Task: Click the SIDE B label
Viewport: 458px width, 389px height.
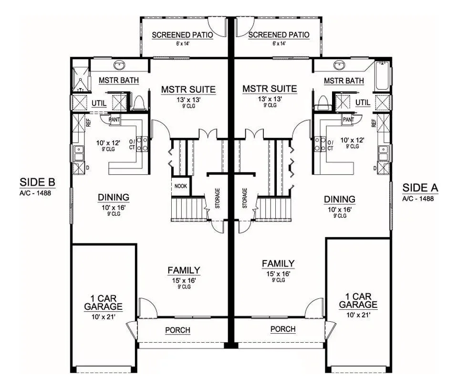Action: (x=37, y=182)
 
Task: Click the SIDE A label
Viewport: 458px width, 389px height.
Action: (x=420, y=188)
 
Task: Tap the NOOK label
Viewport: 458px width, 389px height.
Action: (x=180, y=186)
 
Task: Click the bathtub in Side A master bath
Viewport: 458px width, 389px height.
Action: (x=382, y=75)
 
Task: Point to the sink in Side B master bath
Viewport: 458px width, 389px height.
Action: (x=119, y=65)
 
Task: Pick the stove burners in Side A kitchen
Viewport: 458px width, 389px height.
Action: (x=320, y=144)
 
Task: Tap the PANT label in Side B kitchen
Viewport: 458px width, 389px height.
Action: (x=114, y=119)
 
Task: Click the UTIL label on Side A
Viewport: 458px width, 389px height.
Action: (x=363, y=103)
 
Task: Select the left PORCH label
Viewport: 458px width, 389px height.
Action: (x=177, y=330)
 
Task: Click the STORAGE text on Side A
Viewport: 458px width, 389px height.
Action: (x=245, y=198)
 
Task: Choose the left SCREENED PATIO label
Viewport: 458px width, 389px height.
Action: (x=182, y=35)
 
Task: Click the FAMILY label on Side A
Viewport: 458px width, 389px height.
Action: (x=278, y=263)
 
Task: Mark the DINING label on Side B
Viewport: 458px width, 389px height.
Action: (x=114, y=197)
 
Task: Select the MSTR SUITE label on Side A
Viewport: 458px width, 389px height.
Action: (x=270, y=89)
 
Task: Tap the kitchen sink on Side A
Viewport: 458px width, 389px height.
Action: (x=383, y=153)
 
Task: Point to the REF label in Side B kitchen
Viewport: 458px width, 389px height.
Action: (x=88, y=123)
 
